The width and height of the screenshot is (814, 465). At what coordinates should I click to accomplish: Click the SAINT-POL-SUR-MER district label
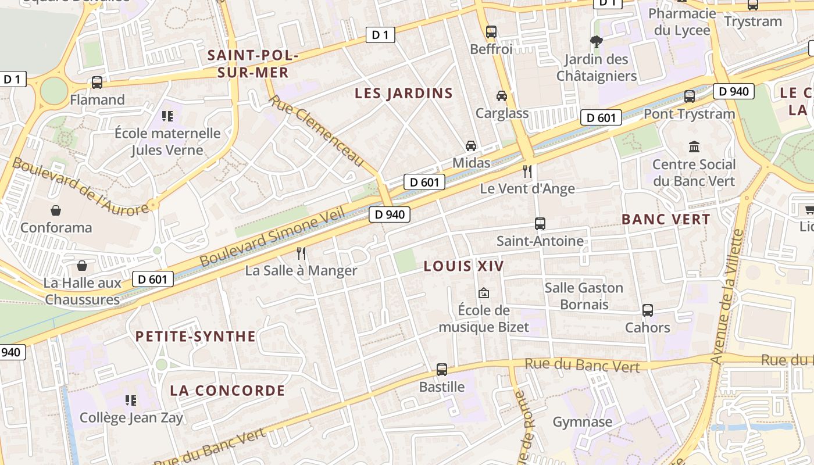coord(252,64)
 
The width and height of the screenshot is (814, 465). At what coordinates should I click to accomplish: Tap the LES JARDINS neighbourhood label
coord(404,93)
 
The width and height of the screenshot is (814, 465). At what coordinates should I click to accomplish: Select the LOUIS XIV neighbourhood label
coord(463,266)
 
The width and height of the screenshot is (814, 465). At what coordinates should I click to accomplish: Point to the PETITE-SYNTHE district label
coord(195,337)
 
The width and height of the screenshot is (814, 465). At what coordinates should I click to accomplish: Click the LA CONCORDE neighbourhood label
coord(227,391)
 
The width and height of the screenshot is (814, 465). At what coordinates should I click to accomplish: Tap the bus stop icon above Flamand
coord(97,83)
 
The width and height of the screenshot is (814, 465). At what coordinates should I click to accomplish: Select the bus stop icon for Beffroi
coord(491,32)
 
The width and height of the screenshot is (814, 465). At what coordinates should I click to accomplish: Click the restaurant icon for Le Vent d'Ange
coord(527,171)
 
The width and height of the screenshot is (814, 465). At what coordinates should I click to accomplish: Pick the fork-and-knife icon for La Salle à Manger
coord(301,253)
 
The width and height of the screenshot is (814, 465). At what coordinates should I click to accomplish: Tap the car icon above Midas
coord(471,145)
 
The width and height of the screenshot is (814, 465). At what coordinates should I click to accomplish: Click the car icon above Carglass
coord(502,95)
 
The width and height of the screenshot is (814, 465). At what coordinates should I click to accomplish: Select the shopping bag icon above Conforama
coord(56,210)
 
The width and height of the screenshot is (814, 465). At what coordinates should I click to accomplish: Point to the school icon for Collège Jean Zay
coord(131,400)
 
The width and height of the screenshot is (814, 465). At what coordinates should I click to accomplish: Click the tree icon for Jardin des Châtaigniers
coord(596,41)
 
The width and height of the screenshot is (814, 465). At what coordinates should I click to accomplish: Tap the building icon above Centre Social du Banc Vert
coord(694,146)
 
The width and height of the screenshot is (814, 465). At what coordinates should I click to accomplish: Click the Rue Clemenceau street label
coord(316,131)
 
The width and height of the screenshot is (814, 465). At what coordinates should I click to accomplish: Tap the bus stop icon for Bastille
coord(442,369)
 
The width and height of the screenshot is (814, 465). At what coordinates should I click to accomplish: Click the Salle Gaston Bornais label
coord(584,296)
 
